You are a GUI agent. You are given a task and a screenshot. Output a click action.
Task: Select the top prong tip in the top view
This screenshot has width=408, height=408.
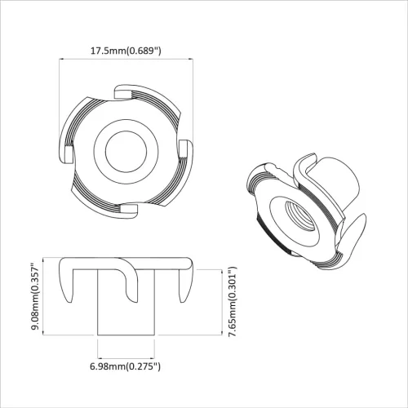pos(122,89)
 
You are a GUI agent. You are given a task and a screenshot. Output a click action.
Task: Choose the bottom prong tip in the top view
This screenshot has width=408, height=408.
pos(128,210)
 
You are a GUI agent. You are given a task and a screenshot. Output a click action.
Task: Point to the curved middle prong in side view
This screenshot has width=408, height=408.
pos(131,282)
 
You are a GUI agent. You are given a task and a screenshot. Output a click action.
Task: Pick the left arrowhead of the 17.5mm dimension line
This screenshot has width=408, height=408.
pos(64,60)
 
